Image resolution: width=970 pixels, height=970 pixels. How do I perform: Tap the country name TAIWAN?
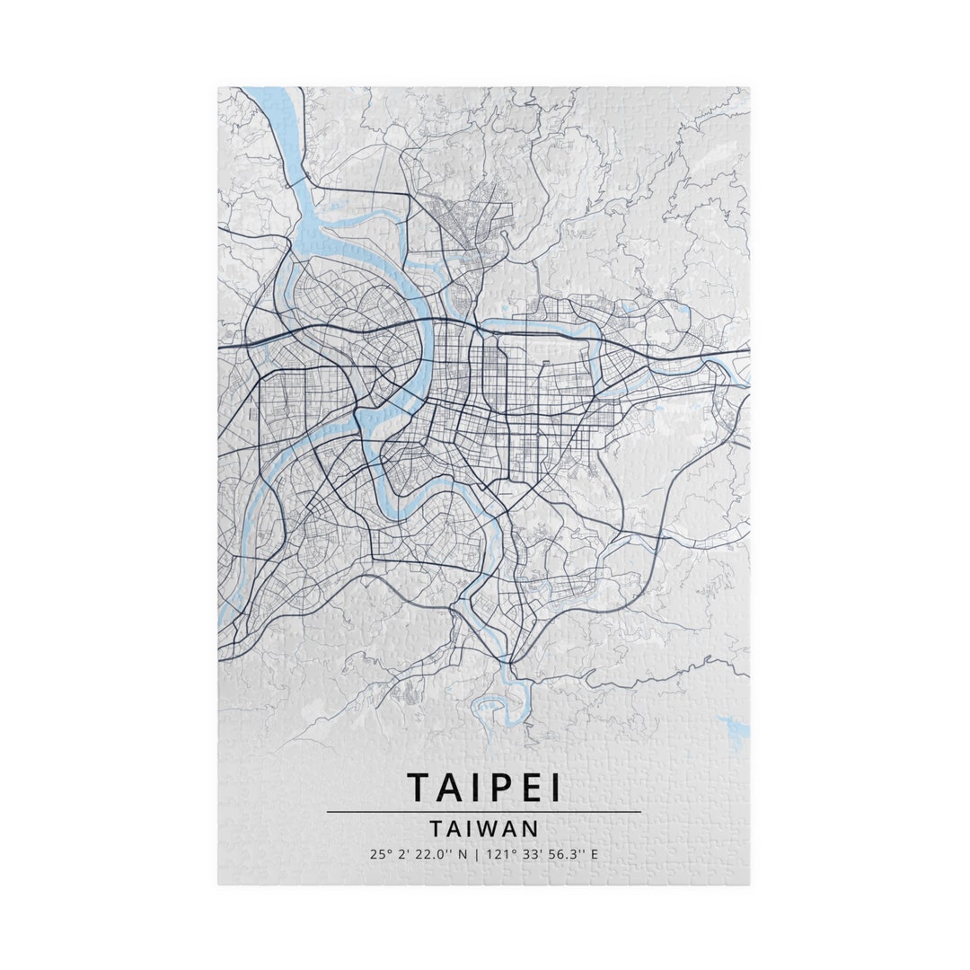[x=484, y=827]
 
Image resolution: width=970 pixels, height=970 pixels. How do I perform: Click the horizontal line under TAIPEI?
[x=484, y=812]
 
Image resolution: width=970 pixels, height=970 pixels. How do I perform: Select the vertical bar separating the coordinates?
[x=476, y=854]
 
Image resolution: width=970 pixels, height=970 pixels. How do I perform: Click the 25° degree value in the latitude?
[x=378, y=854]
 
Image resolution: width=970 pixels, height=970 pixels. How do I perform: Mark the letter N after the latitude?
[x=463, y=854]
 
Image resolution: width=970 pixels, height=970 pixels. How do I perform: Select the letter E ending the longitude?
[x=594, y=854]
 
